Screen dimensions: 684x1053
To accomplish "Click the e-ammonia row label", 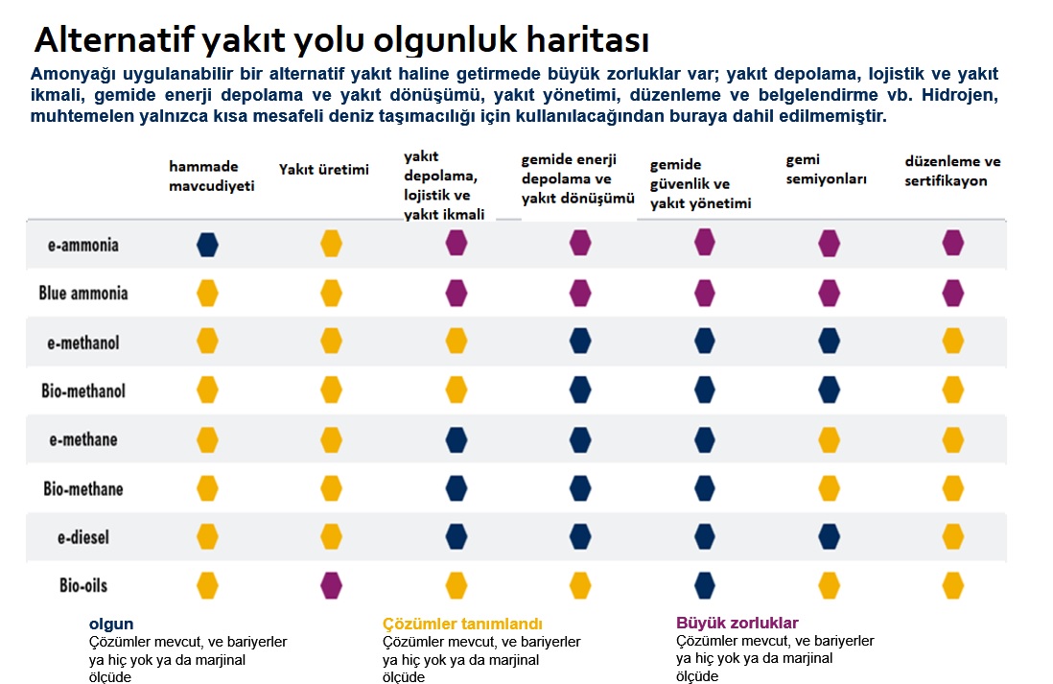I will (x=83, y=245).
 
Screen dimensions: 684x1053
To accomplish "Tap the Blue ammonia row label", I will (x=83, y=293).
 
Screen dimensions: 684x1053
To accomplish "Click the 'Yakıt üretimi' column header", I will (x=324, y=170).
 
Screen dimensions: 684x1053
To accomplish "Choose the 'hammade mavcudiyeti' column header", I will (x=212, y=177).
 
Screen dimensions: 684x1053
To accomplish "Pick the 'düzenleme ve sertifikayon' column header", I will (x=952, y=171).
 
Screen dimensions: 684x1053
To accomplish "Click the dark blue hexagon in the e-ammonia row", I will (x=207, y=245).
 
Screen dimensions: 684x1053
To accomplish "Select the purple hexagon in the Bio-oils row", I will (x=331, y=583).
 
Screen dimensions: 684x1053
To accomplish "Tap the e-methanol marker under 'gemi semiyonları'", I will (x=830, y=341).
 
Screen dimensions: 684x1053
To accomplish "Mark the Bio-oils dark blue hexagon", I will (x=705, y=584).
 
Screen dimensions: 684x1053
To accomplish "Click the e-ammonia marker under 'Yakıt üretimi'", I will (x=331, y=244).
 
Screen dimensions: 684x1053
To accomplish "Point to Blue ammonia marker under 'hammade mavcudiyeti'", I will (x=207, y=293).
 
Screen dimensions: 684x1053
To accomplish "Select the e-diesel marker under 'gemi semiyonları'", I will (x=830, y=535).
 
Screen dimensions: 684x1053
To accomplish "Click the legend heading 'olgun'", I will (x=111, y=624).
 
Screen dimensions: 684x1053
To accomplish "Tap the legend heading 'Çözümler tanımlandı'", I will (x=462, y=624).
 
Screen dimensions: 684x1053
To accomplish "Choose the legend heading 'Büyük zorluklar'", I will (x=737, y=623).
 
